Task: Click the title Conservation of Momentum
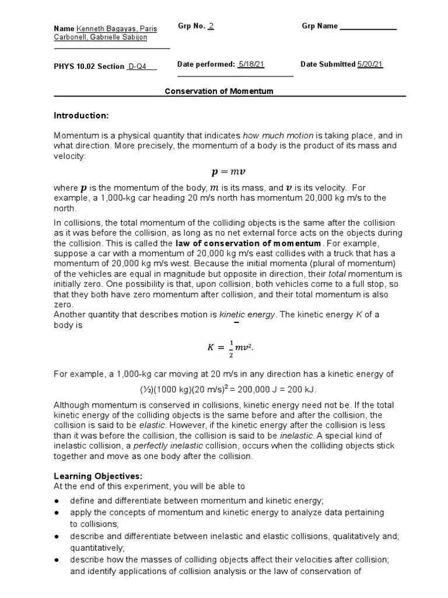[219, 92]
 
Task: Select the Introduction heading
[81, 115]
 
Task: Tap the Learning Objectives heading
[97, 476]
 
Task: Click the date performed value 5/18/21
[251, 64]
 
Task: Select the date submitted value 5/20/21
[370, 64]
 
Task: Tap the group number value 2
[211, 26]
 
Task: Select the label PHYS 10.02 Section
[89, 67]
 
